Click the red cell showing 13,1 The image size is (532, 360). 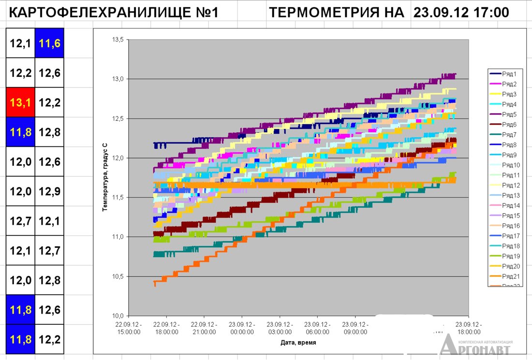tap(20, 102)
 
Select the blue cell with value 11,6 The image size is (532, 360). tap(49, 43)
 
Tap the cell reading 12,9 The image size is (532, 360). tap(49, 191)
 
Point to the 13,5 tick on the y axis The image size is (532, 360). tap(118, 40)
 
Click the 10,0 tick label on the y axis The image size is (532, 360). tap(118, 316)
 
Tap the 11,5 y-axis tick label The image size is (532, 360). tap(118, 198)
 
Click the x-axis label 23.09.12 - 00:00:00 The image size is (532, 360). tap(242, 328)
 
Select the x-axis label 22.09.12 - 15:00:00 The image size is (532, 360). tap(129, 328)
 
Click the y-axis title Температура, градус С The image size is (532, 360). tap(104, 177)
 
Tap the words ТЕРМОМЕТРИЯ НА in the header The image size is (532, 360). tap(336, 13)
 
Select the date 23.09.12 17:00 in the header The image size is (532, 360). tap(461, 13)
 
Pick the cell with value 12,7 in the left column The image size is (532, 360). tap(20, 221)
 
